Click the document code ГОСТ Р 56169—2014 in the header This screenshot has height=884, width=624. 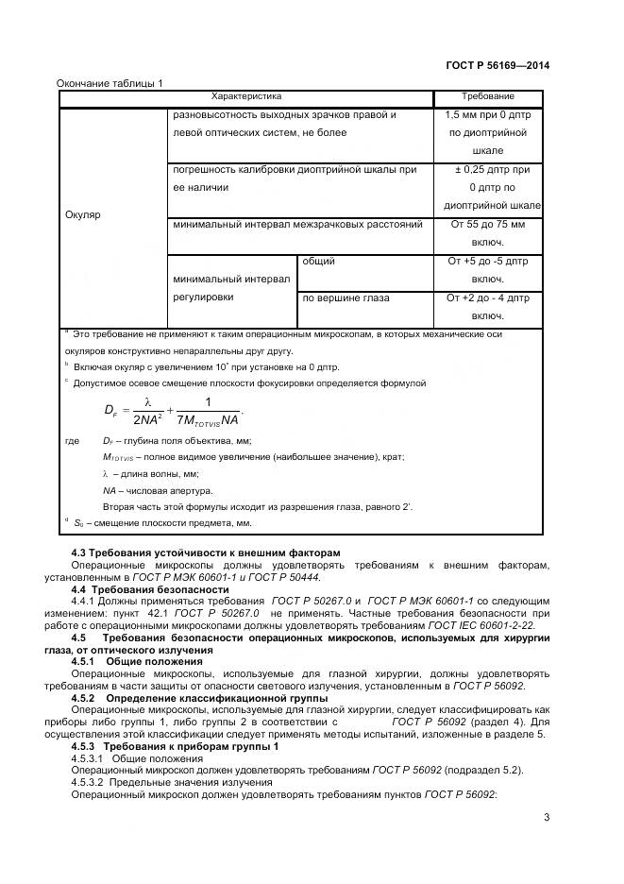(497, 65)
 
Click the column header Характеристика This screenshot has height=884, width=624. (245, 97)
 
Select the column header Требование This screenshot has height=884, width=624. (487, 97)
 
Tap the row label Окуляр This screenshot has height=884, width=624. (82, 214)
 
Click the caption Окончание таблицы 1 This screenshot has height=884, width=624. (110, 83)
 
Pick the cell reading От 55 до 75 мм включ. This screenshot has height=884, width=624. (487, 233)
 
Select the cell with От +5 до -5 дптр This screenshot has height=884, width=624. (487, 270)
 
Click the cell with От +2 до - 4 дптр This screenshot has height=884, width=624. (487, 306)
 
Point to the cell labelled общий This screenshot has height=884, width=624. (318, 262)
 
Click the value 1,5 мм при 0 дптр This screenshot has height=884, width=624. (487, 132)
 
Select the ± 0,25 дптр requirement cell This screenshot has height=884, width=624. (487, 187)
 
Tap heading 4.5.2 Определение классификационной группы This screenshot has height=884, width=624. (199, 698)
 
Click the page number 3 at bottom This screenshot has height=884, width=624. (546, 818)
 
